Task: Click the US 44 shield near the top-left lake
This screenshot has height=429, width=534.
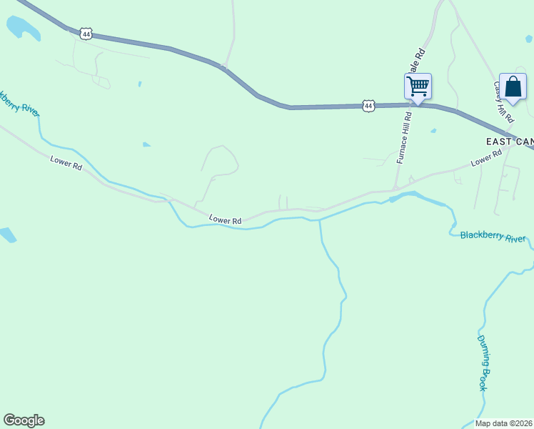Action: click(x=86, y=34)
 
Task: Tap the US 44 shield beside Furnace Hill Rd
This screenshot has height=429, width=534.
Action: click(x=368, y=106)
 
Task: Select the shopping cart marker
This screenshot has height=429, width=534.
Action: click(x=418, y=87)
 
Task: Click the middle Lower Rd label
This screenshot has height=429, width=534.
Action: click(x=226, y=220)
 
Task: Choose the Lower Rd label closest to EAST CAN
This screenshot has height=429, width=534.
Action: click(x=487, y=159)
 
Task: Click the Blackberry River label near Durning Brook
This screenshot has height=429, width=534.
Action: click(x=493, y=236)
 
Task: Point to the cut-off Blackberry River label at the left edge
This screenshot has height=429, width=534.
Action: click(x=19, y=103)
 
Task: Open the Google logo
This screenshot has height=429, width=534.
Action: click(x=24, y=420)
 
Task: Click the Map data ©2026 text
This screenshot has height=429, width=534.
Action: click(x=504, y=423)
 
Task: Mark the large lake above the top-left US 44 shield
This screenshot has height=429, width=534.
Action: click(x=23, y=28)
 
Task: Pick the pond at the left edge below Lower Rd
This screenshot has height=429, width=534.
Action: click(x=6, y=235)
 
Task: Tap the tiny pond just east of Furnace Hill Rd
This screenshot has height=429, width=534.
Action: click(x=433, y=131)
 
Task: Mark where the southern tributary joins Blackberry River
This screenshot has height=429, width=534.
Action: click(x=319, y=220)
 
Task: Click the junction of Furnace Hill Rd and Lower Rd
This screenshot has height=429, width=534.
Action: click(x=395, y=189)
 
